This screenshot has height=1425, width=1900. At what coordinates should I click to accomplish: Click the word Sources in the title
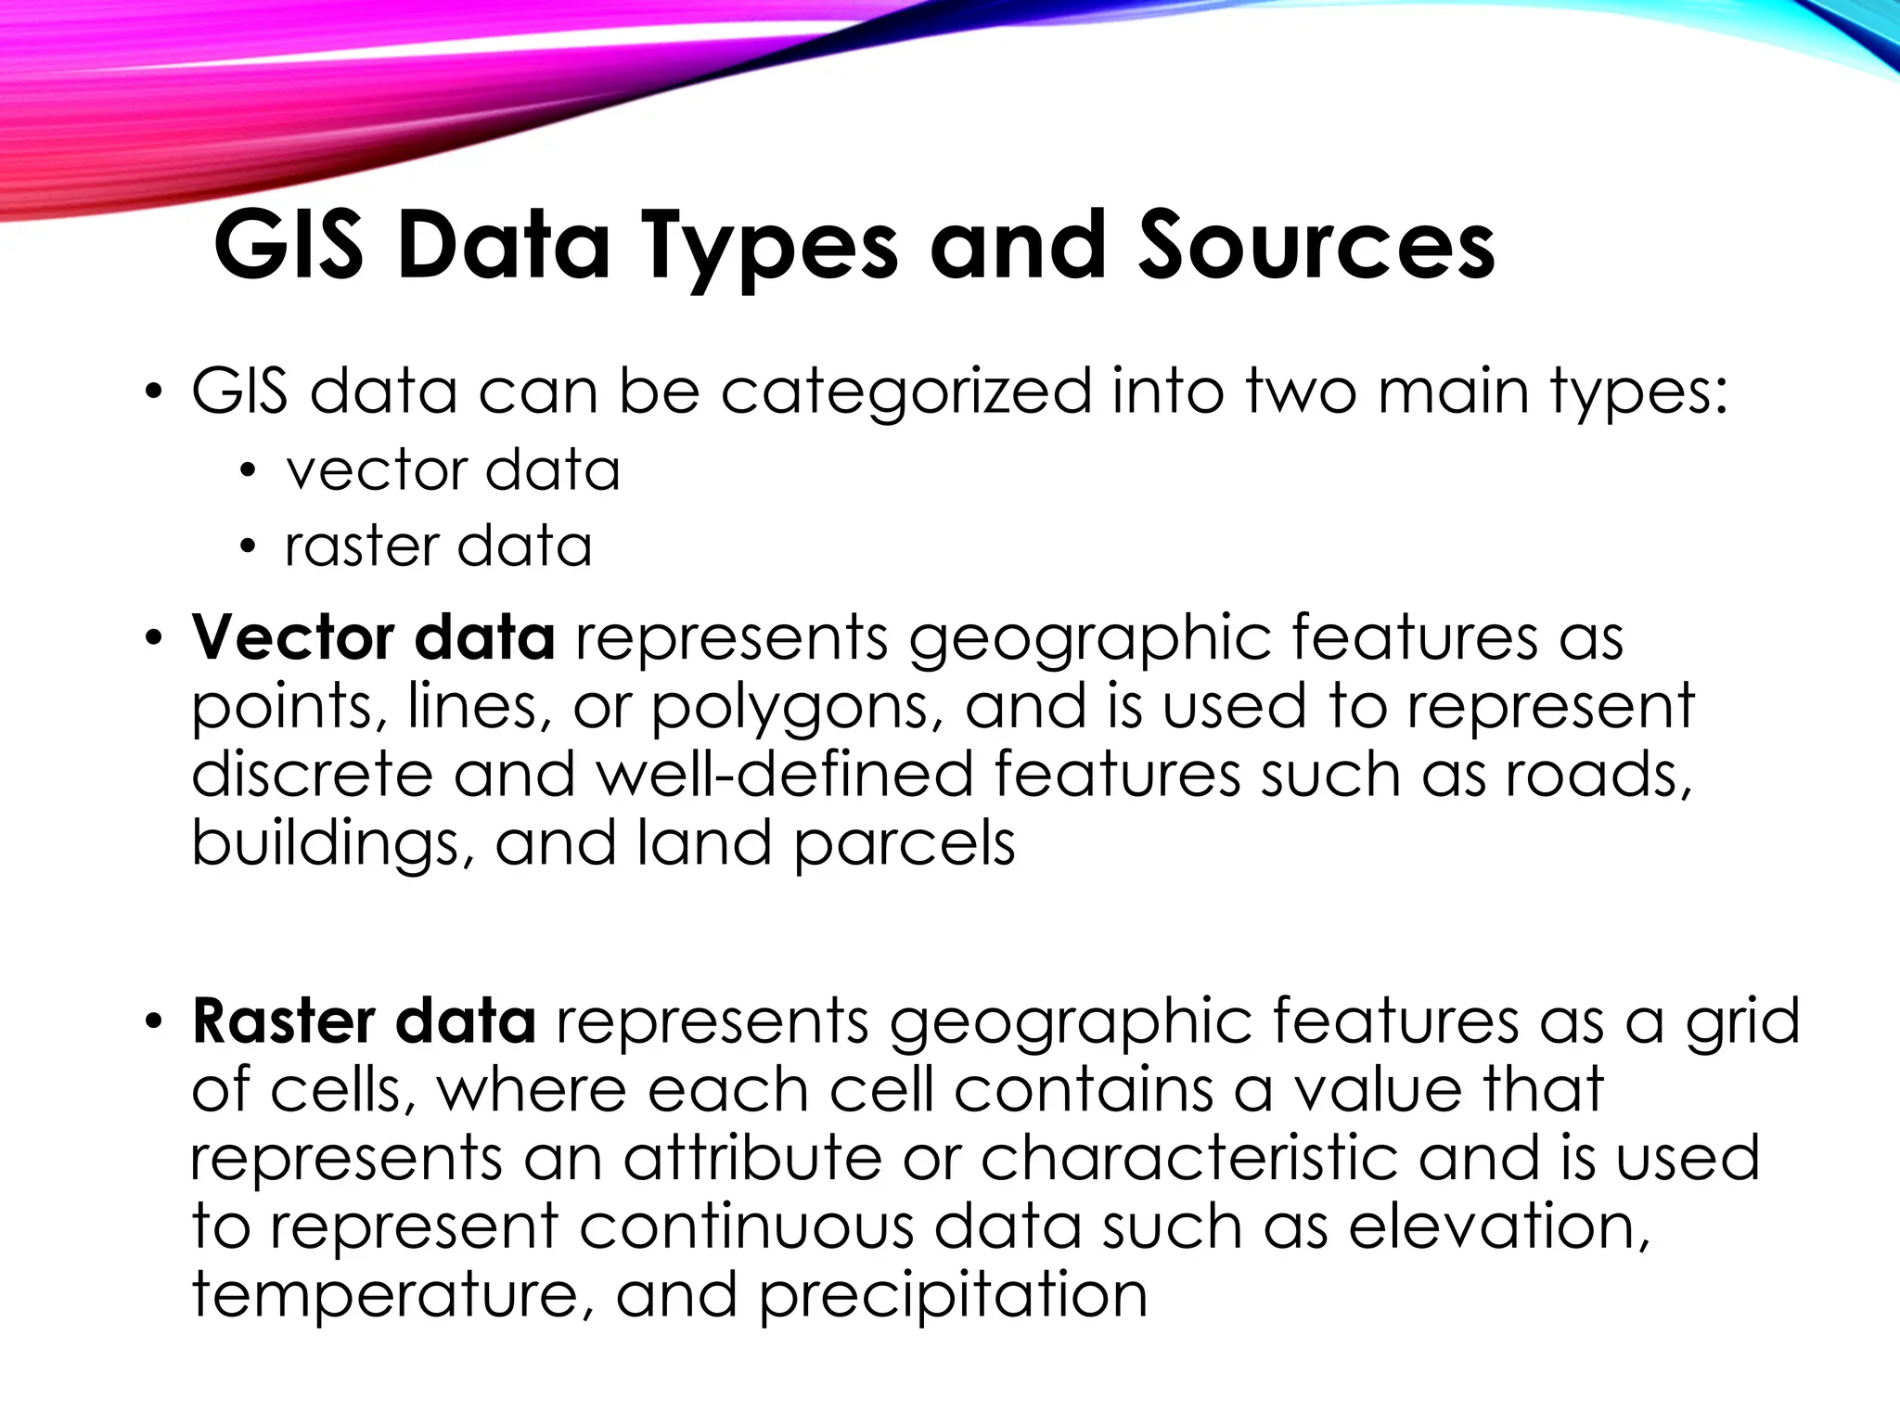[x=1316, y=246]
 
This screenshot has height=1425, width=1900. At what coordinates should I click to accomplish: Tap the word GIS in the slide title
[x=288, y=246]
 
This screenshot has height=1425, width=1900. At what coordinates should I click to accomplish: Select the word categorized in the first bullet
[x=906, y=392]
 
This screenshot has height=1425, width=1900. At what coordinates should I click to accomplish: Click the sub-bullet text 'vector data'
[x=453, y=469]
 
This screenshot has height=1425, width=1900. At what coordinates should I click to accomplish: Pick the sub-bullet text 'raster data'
[x=438, y=546]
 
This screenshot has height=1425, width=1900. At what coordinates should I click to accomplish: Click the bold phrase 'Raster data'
[x=364, y=1021]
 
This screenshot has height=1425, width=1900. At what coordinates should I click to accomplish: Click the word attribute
[x=751, y=1158]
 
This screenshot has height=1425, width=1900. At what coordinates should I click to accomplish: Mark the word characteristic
[x=1188, y=1158]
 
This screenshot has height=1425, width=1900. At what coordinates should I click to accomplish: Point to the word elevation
[x=1498, y=1226]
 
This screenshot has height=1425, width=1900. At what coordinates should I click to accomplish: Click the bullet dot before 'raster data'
[x=246, y=547]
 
